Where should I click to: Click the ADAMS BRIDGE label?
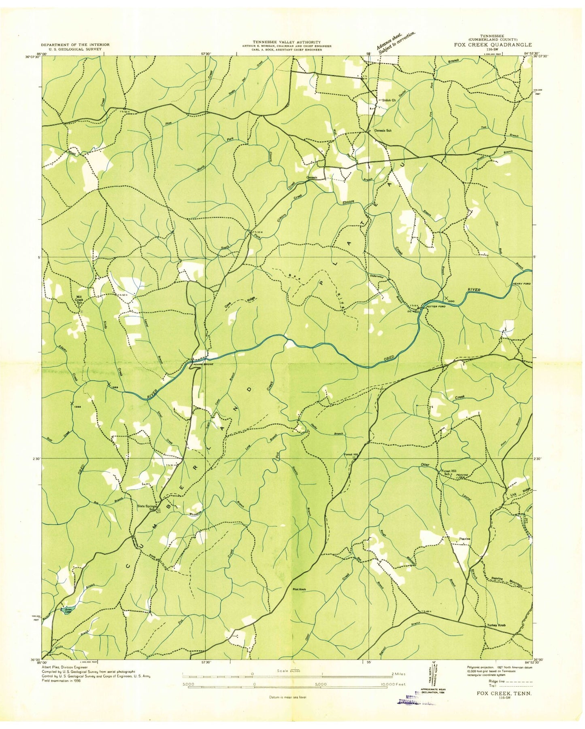pyautogui.click(x=203, y=364)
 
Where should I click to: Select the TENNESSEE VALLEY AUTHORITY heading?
pyautogui.click(x=287, y=42)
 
